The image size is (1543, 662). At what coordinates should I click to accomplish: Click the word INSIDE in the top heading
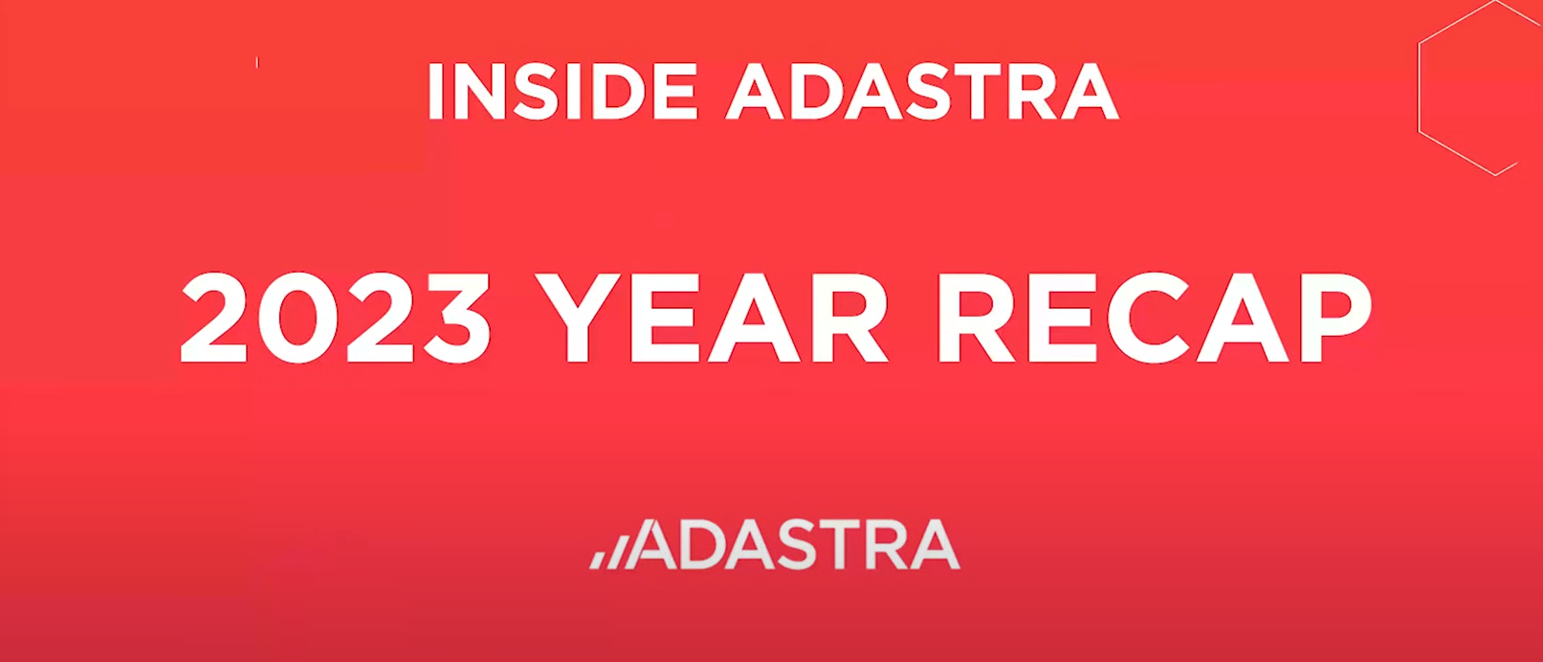pyautogui.click(x=562, y=92)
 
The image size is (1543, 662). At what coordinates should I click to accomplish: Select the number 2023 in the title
pyautogui.click(x=336, y=318)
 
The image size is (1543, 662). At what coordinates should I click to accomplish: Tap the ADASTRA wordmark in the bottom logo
pyautogui.click(x=796, y=545)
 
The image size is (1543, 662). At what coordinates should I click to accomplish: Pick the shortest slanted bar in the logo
pyautogui.click(x=596, y=560)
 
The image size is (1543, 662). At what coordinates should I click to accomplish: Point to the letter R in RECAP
pyautogui.click(x=973, y=319)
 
